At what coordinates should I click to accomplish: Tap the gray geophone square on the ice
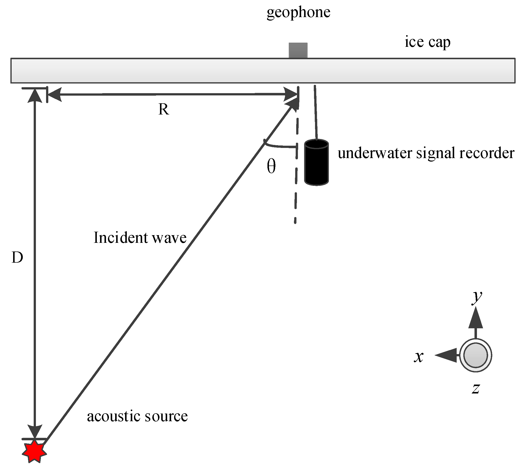[x=298, y=50]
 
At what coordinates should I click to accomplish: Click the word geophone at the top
[x=298, y=12]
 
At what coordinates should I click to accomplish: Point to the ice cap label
[x=427, y=42]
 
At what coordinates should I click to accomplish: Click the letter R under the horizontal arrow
[x=164, y=109]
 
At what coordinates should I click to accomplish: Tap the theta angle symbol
[x=271, y=167]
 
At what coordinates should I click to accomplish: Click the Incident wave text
[x=140, y=238]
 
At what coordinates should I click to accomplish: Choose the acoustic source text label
[x=137, y=416]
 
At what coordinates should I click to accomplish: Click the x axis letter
[x=419, y=357]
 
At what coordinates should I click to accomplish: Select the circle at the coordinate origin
[x=475, y=355]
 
